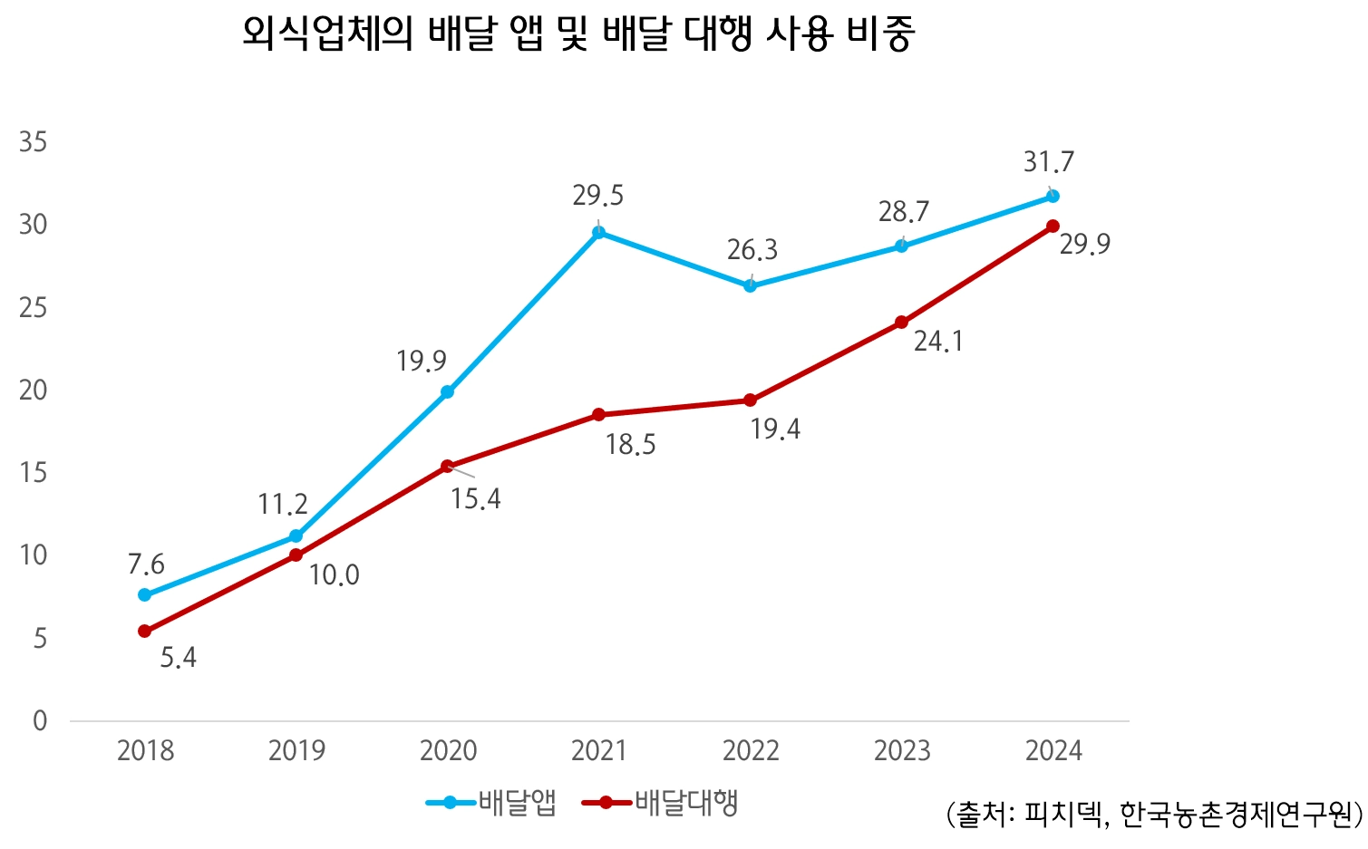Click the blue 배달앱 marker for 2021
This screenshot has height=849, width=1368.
point(598,232)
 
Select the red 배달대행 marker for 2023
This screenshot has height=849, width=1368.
point(901,323)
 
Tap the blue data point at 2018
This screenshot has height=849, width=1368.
point(144,595)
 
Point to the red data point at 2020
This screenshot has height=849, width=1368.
point(447,467)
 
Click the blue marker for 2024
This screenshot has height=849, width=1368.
point(1053,196)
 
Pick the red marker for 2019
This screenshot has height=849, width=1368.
point(296,555)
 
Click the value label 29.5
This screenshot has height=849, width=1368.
point(598,196)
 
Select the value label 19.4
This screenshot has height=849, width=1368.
point(775,429)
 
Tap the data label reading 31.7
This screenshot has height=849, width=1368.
point(1049,162)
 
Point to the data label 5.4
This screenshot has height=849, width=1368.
point(179,658)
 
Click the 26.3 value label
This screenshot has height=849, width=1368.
point(752,250)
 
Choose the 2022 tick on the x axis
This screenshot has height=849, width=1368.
point(751,751)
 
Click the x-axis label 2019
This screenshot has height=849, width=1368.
point(296,751)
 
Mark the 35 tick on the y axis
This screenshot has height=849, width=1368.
point(34,142)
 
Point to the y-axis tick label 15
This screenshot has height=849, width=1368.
point(34,473)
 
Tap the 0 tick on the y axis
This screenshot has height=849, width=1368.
point(40,721)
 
